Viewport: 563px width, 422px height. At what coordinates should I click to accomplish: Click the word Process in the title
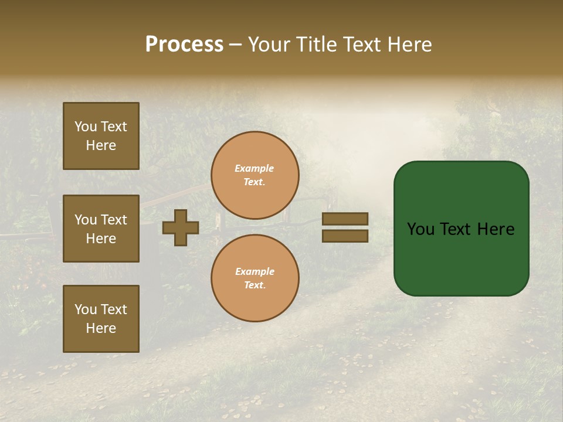pyautogui.click(x=184, y=45)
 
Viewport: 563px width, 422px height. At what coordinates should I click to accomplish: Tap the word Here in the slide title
pyautogui.click(x=408, y=45)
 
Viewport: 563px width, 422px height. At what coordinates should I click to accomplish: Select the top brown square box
pyautogui.click(x=101, y=136)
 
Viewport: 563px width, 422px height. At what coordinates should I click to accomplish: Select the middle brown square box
pyautogui.click(x=101, y=229)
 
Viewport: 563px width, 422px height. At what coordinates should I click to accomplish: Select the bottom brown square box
pyautogui.click(x=101, y=319)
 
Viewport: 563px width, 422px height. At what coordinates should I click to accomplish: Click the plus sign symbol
pyautogui.click(x=181, y=227)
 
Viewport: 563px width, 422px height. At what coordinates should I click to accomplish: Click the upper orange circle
pyautogui.click(x=255, y=175)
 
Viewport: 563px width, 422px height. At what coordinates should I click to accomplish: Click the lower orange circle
pyautogui.click(x=255, y=278)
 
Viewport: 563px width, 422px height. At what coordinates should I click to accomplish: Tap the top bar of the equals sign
pyautogui.click(x=345, y=219)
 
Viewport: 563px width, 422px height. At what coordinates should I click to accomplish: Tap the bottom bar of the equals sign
pyautogui.click(x=345, y=236)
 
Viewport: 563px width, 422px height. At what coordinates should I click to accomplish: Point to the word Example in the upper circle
pyautogui.click(x=254, y=168)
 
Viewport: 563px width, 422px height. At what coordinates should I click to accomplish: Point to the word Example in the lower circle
pyautogui.click(x=255, y=271)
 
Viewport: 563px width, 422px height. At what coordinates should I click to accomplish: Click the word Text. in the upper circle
pyautogui.click(x=255, y=182)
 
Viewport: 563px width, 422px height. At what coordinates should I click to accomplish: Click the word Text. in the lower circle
pyautogui.click(x=255, y=285)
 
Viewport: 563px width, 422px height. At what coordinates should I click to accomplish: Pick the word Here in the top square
pyautogui.click(x=101, y=145)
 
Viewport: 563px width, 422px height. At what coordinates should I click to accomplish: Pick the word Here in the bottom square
pyautogui.click(x=101, y=328)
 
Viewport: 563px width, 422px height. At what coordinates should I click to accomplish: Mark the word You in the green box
pyautogui.click(x=420, y=229)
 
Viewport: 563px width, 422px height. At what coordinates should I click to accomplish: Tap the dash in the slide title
pyautogui.click(x=235, y=45)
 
